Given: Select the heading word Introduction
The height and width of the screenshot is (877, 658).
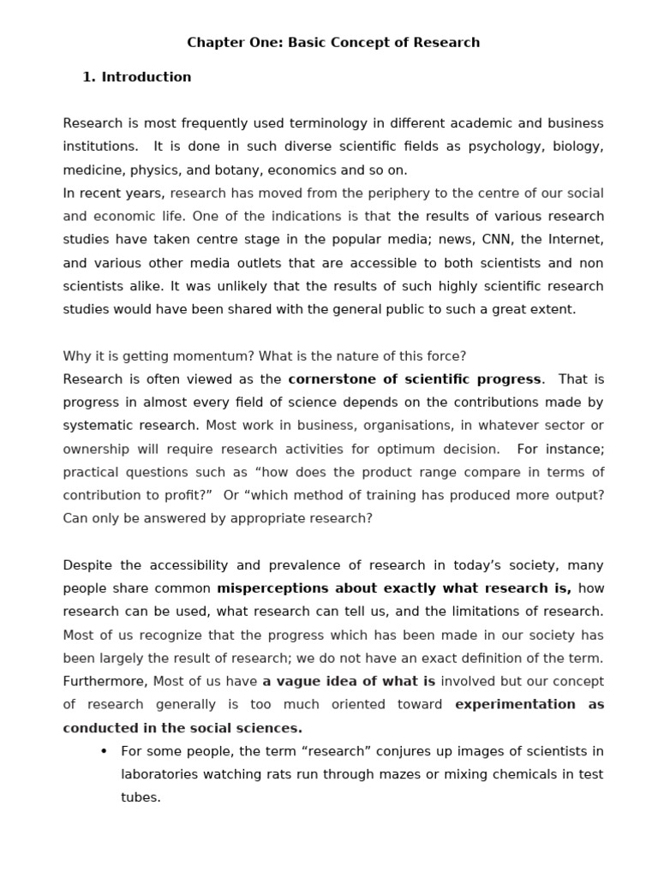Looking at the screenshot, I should pos(147,77).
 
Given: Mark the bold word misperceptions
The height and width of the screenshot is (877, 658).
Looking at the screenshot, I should pos(273,588).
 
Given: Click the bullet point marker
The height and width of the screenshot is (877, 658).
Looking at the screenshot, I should pos(104,752).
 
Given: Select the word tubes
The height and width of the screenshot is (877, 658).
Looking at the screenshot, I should pos(141,797).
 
